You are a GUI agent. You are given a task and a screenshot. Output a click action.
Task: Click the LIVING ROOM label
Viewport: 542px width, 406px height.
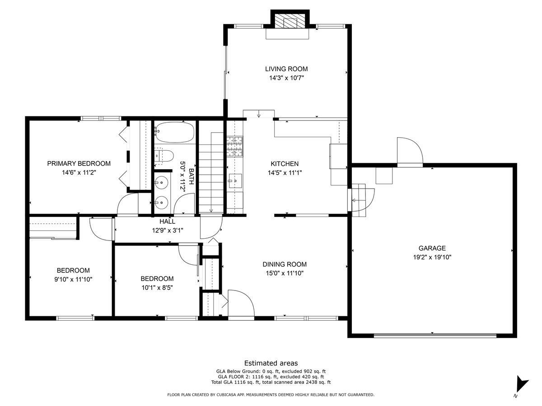286,69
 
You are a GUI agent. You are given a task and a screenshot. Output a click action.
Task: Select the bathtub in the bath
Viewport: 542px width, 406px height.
174,133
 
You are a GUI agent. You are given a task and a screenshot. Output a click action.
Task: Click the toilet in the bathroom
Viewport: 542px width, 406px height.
165,156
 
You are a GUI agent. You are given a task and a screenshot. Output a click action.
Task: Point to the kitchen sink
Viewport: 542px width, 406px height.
235,180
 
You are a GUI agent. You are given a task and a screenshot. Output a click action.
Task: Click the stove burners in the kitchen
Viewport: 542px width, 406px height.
234,146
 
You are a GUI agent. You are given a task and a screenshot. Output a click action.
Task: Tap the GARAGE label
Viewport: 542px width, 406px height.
432,248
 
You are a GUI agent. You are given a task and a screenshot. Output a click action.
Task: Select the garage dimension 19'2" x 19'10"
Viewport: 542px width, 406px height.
432,257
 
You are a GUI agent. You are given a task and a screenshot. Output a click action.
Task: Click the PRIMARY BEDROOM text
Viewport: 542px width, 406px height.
79,163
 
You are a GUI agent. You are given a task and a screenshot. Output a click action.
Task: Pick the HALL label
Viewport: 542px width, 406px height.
167,221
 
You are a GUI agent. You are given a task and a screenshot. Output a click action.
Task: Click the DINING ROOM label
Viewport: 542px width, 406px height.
285,264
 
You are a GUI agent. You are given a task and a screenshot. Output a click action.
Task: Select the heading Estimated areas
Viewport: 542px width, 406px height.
271,363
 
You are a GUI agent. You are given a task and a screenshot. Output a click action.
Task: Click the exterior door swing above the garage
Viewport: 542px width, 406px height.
408,152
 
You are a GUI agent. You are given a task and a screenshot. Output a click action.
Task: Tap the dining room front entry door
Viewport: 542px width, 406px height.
239,304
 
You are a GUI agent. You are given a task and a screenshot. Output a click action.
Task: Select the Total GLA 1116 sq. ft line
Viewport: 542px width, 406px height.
271,383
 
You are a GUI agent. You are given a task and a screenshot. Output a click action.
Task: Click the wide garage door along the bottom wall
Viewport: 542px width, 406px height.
435,335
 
